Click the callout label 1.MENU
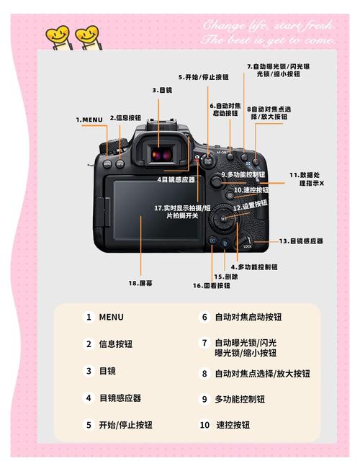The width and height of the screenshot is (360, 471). coord(90,119)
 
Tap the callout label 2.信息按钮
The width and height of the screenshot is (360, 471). coord(124,117)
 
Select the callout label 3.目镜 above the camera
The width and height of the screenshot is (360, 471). coord(162,90)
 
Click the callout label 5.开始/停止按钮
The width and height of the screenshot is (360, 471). coord(204,76)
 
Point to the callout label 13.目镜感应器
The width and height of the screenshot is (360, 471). coord(301,241)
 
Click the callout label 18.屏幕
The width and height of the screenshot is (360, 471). coord(140,283)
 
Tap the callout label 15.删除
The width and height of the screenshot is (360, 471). coord(225,277)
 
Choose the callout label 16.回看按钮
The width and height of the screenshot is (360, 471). coord(212,286)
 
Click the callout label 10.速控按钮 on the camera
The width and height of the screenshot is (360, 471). coord(251,190)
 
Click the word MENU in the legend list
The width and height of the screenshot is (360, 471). coord(112,317)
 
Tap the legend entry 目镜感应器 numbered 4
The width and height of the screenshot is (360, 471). coord(120,398)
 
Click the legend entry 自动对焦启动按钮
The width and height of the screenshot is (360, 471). coord(248,317)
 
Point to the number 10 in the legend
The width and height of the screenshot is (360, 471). coord(204,425)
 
